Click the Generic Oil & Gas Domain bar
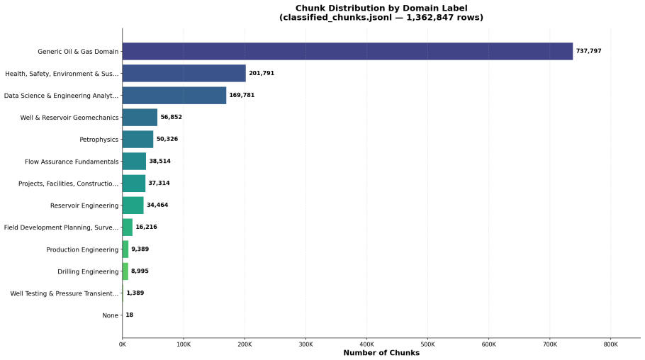347,52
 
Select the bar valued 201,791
184,73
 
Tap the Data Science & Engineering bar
174,96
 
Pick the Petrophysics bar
138,140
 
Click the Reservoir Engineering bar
133,206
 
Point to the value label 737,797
588,51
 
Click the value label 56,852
171,117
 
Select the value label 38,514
159,161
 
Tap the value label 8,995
140,271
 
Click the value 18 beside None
130,315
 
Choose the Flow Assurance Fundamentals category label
72,162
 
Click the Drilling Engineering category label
88,271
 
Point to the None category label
111,315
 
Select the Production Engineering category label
82,249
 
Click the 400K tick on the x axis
367,344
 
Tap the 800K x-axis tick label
611,344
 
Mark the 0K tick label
122,344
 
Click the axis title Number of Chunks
381,353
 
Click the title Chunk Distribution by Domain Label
381,9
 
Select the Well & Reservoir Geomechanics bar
140,117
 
